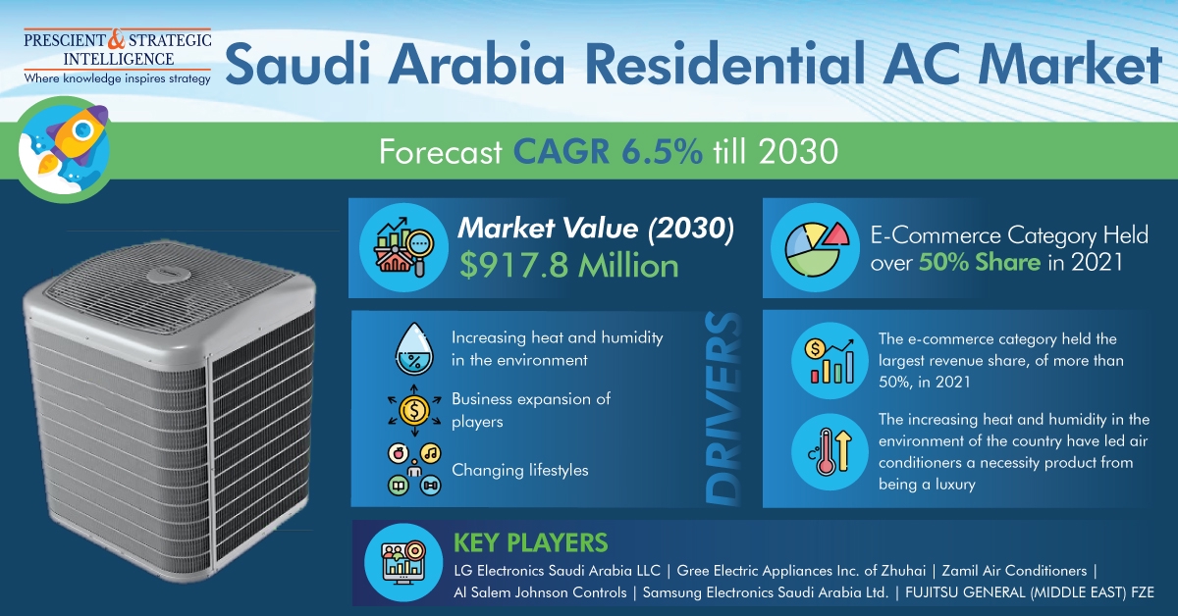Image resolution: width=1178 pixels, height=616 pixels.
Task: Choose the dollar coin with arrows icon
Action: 412,410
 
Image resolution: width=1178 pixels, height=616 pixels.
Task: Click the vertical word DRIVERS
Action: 727,411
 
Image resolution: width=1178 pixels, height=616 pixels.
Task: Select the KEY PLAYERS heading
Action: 530,542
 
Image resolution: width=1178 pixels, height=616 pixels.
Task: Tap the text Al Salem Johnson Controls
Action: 540,592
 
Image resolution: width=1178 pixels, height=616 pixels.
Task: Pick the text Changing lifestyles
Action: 520,470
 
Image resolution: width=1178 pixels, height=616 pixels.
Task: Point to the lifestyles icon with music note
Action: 412,468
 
